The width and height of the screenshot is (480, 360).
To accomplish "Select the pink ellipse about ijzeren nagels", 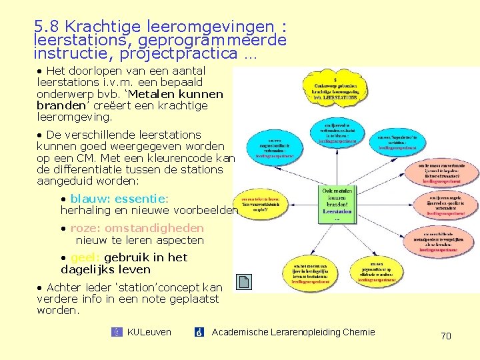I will [x=446, y=204].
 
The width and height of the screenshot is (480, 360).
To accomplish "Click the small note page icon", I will [x=244, y=283].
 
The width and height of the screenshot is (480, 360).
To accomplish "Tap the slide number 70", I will [x=446, y=336].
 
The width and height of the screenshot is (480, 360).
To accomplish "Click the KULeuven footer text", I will [x=149, y=332].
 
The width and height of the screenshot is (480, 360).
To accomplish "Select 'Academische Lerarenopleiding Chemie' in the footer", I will [x=293, y=332].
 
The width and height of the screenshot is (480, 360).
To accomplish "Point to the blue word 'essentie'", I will [x=139, y=199].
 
